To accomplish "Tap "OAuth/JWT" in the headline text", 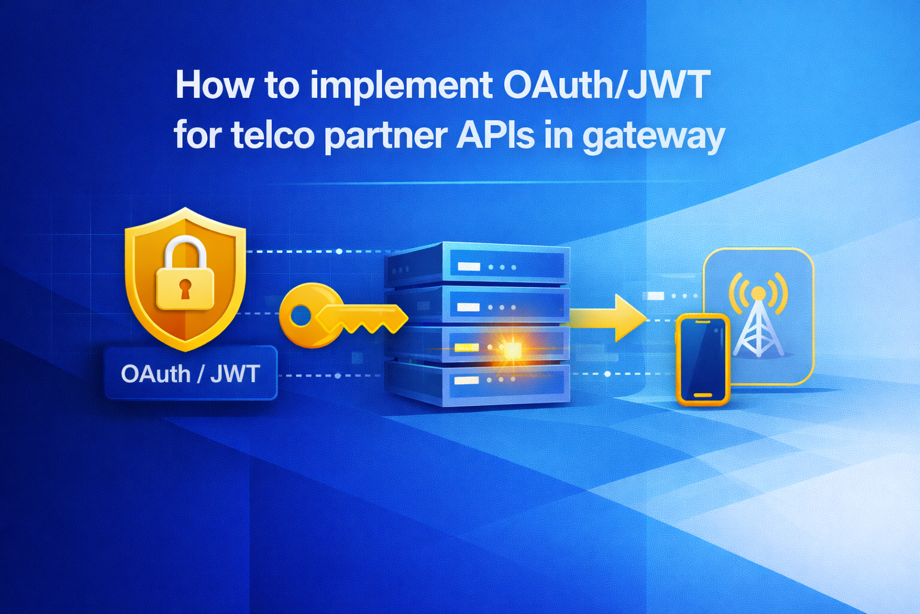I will tap(606, 86).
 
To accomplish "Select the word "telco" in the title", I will tap(273, 136).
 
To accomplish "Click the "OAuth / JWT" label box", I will tap(190, 374).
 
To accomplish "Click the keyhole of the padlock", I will tap(184, 289).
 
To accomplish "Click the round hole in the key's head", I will tap(301, 315).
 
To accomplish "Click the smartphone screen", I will tap(703, 358).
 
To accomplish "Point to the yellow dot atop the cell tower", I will tap(758, 293).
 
